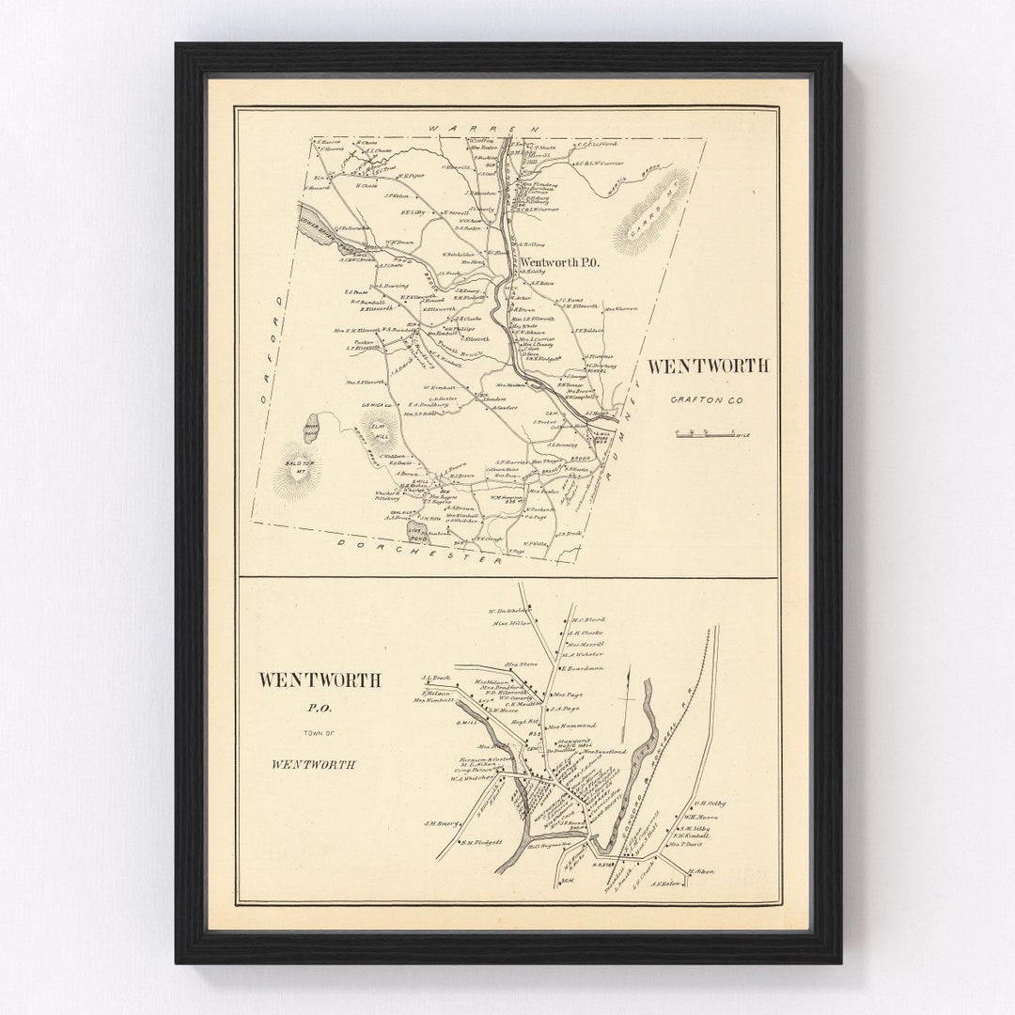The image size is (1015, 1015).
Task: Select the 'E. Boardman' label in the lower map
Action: (x=583, y=668)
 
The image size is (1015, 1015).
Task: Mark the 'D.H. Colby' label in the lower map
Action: (x=710, y=804)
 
